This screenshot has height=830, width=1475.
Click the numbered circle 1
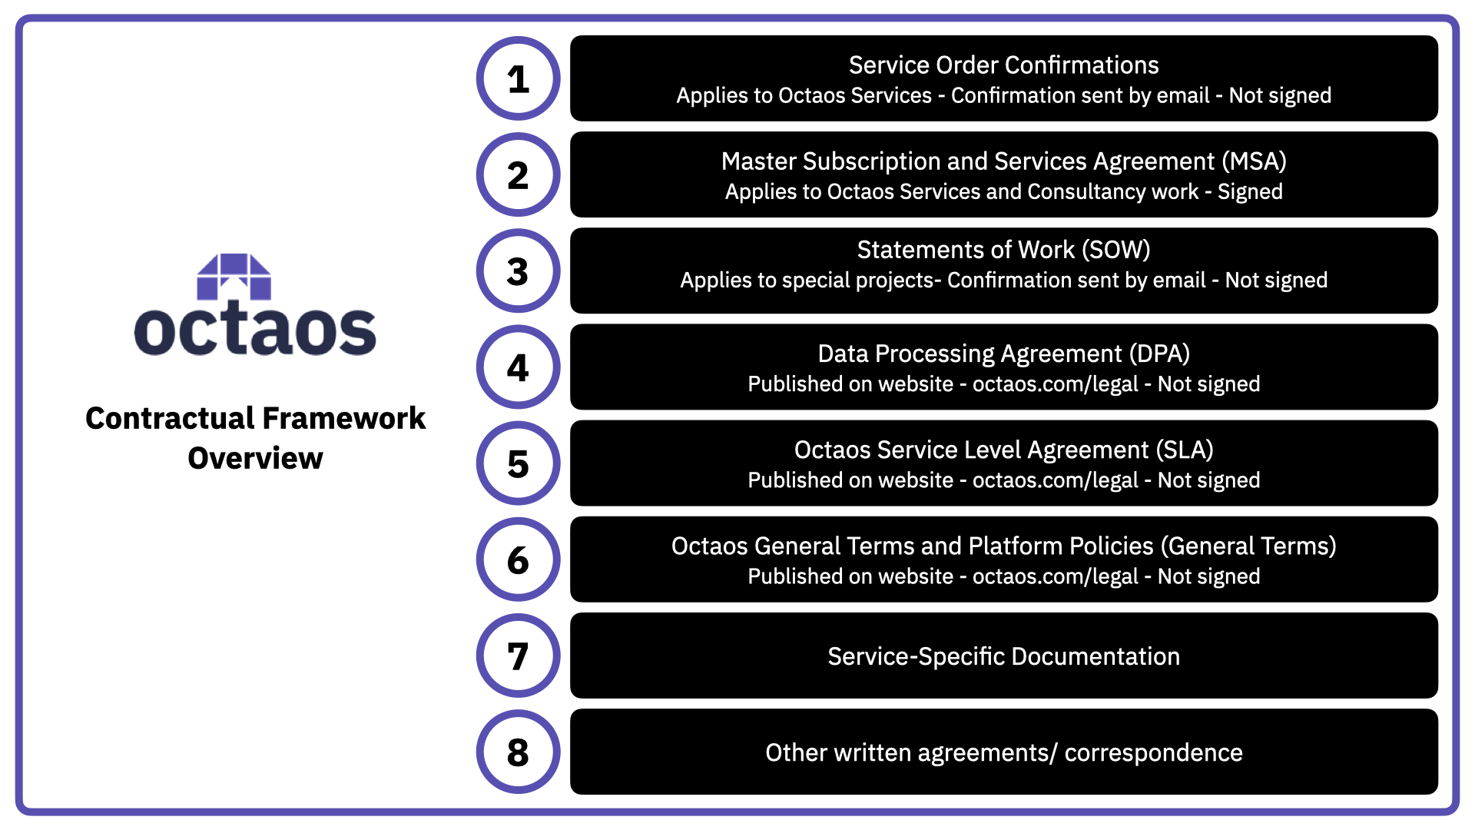point(519,78)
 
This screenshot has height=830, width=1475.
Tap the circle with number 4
point(519,367)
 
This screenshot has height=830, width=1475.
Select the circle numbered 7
point(519,656)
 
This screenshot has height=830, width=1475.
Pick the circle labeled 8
point(519,752)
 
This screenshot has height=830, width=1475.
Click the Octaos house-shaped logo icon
point(234,277)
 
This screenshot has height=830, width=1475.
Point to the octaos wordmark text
point(255,330)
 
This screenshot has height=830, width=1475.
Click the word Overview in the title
point(255,458)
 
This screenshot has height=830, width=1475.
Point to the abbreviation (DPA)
point(1159,354)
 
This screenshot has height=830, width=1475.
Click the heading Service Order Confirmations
point(1003,65)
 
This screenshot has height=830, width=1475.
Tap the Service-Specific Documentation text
point(1003,656)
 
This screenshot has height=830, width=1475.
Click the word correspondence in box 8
point(1153,752)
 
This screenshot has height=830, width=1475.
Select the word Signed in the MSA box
point(1250,191)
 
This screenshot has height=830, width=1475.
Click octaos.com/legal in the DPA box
point(1055,384)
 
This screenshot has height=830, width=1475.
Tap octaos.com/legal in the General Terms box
point(1055,576)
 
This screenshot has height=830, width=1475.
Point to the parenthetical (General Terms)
point(1248,546)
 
